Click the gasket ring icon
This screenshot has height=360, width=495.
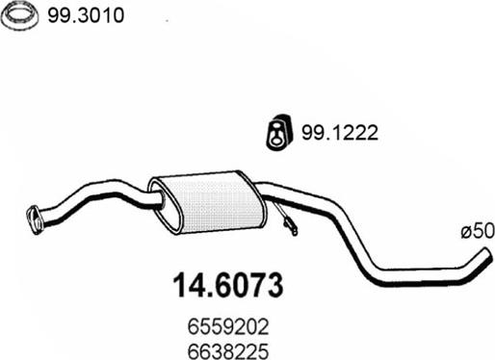click(20, 16)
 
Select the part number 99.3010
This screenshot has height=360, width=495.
click(86, 15)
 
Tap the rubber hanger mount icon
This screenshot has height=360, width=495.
click(279, 132)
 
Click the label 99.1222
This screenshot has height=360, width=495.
click(340, 132)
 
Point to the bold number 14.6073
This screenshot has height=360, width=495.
click(228, 285)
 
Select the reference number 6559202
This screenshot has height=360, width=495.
click(228, 327)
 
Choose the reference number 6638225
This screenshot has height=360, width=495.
click(228, 351)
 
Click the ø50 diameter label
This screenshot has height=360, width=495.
click(478, 231)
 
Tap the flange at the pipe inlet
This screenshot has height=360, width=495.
click(35, 219)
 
